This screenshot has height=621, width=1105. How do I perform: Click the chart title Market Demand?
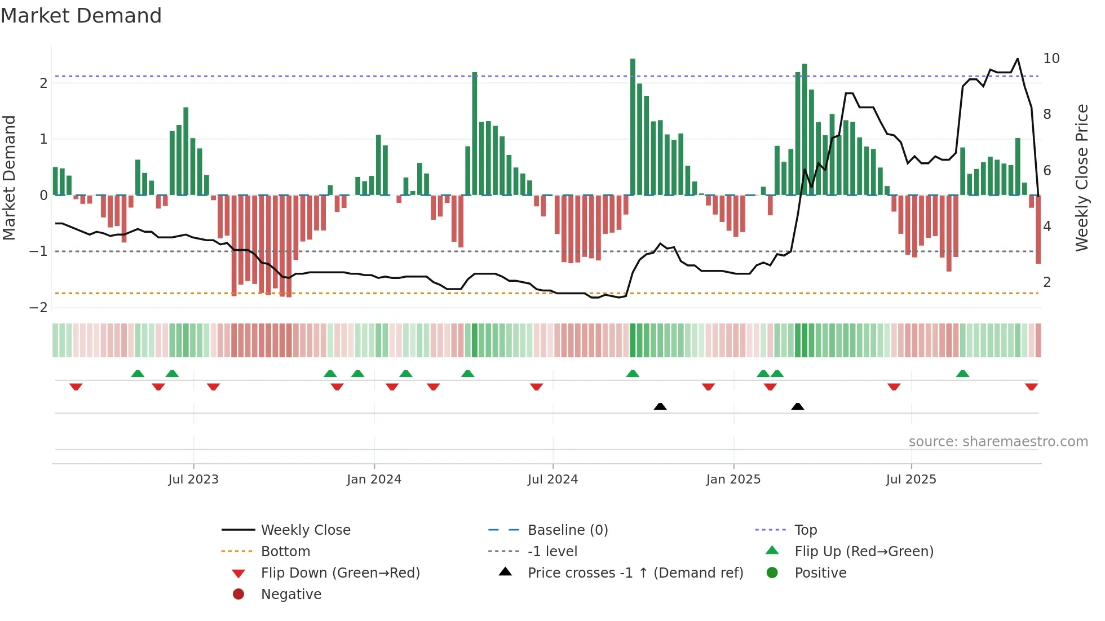[81, 16]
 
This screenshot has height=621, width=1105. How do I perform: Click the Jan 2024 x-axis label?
[374, 480]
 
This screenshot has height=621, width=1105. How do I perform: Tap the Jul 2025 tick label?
[910, 480]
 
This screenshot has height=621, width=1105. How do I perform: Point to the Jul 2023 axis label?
[193, 480]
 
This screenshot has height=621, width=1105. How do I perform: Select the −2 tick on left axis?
[39, 308]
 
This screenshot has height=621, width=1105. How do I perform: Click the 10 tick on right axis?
[1051, 59]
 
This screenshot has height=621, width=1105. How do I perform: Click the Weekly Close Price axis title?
[1081, 178]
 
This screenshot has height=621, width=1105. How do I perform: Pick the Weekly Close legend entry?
[305, 530]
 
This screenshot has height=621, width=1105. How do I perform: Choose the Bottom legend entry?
[285, 552]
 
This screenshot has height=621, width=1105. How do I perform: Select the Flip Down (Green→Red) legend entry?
[340, 573]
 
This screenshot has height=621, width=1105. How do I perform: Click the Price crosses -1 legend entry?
[635, 573]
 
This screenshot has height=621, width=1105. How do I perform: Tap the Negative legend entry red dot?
[238, 595]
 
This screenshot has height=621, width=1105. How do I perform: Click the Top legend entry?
[805, 530]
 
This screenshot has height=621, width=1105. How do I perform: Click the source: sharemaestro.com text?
[998, 442]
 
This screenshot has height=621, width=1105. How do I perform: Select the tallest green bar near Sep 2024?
[633, 127]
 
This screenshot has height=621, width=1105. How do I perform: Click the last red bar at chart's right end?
[1038, 229]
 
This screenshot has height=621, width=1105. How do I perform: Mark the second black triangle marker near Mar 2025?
[797, 406]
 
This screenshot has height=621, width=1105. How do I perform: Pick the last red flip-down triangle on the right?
[1031, 387]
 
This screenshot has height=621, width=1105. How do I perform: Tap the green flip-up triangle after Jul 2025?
[962, 374]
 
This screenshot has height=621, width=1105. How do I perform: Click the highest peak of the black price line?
[1017, 59]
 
